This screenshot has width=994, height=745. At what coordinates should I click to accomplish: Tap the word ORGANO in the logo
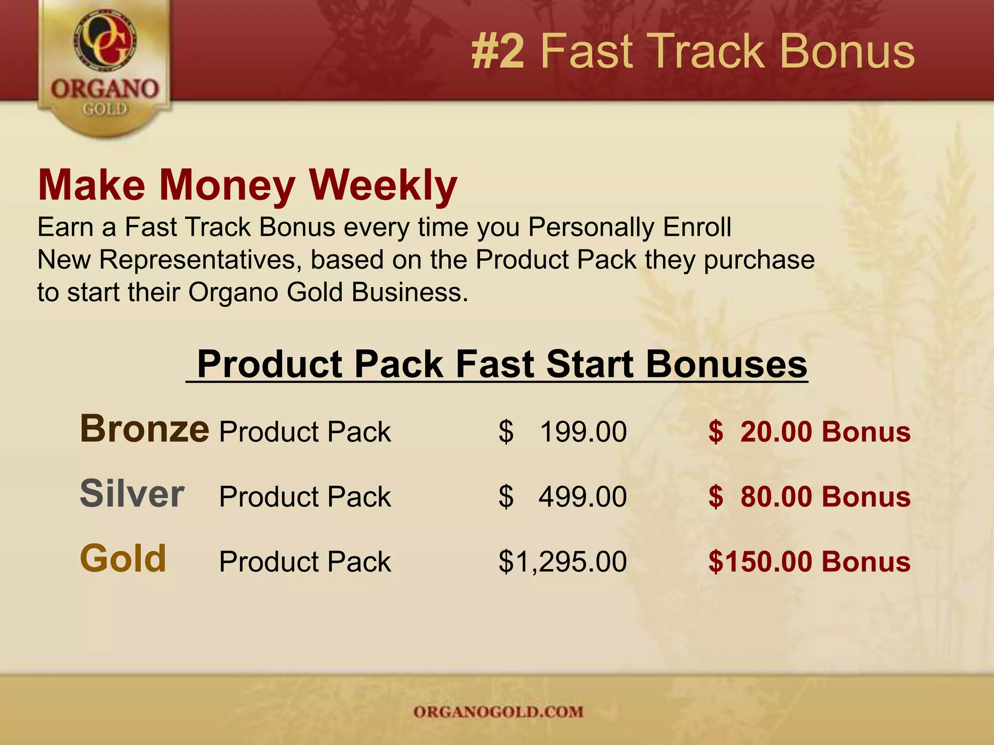point(105,89)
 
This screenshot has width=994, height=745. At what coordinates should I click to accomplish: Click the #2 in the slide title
point(498,51)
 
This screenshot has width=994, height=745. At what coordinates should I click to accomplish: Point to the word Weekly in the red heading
point(383,186)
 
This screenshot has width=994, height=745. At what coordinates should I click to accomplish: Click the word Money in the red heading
point(227,186)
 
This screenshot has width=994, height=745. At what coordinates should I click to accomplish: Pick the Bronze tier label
point(145,429)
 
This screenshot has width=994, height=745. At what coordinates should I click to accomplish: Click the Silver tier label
point(132,494)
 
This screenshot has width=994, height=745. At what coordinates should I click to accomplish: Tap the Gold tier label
point(123,558)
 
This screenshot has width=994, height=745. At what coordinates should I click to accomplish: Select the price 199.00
point(582,432)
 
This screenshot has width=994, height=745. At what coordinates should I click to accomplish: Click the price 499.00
point(582,497)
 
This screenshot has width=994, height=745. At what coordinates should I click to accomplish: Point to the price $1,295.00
point(563,562)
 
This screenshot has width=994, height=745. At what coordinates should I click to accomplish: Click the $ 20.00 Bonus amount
point(809,432)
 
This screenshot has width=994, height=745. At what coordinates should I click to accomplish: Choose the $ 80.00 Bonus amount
point(809,497)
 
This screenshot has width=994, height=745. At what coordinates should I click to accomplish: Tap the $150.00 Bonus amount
point(809,562)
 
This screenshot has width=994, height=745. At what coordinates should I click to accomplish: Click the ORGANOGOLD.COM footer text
point(498,712)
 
